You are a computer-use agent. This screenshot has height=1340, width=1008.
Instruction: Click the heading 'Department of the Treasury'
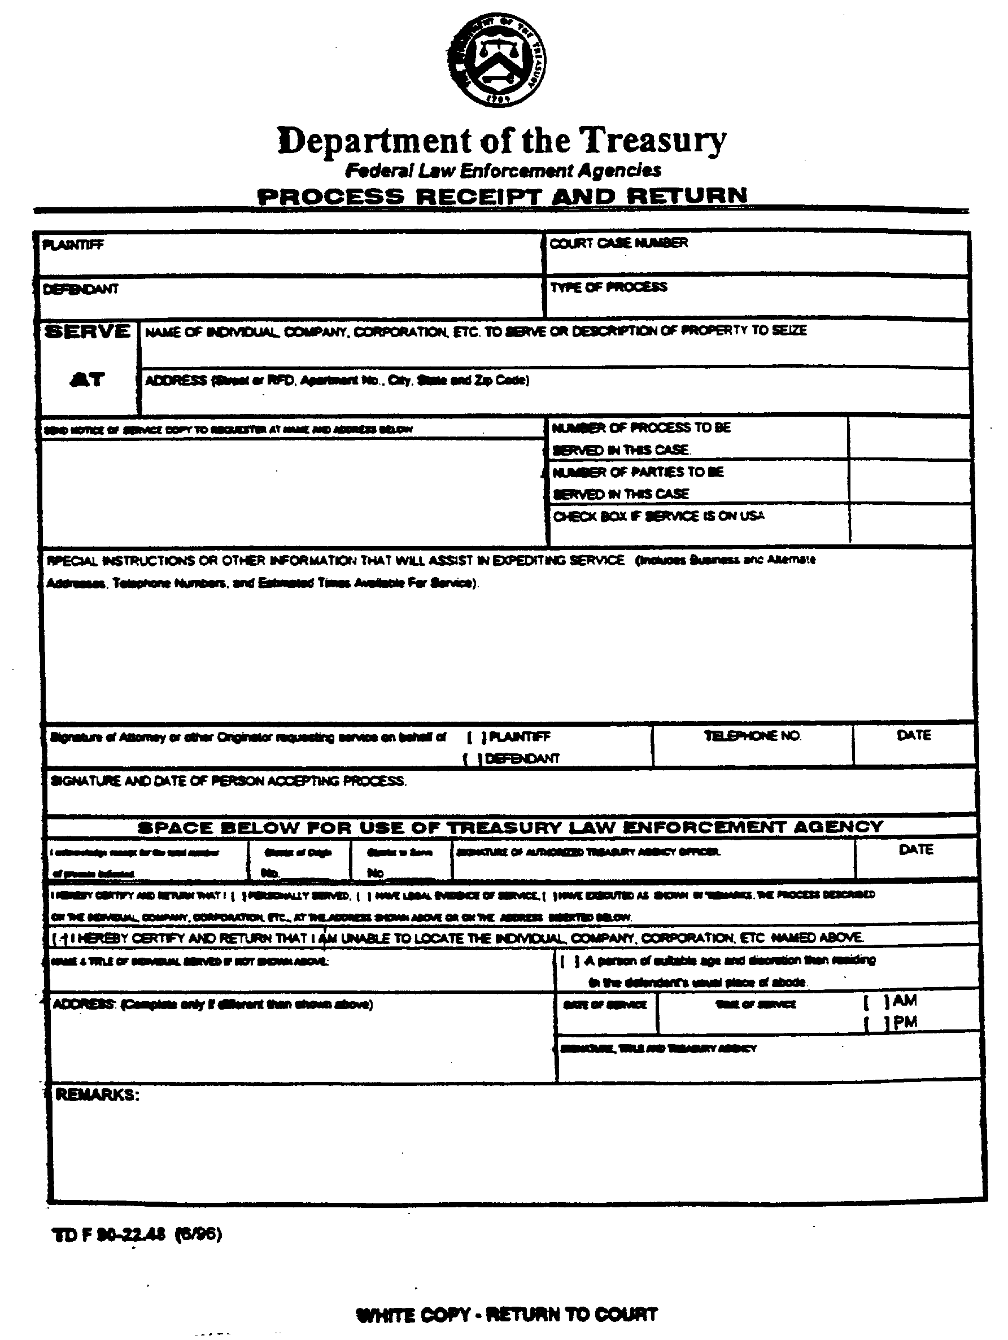click(501, 141)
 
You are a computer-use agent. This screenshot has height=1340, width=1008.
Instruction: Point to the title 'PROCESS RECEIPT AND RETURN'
click(502, 197)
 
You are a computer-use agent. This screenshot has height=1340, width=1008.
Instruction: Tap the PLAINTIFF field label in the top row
click(73, 245)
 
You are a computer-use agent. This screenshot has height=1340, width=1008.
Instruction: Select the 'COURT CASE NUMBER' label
click(618, 243)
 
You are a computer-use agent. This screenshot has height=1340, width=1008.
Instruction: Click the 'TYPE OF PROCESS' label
click(608, 287)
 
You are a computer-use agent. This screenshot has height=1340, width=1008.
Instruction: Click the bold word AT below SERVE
click(87, 380)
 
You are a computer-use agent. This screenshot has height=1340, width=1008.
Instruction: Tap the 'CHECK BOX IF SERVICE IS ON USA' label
click(658, 516)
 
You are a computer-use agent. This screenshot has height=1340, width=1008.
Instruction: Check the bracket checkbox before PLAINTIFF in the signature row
click(476, 738)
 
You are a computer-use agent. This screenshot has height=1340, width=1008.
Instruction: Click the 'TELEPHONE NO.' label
click(752, 736)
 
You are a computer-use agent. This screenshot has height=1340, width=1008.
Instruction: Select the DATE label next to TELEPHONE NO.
click(914, 735)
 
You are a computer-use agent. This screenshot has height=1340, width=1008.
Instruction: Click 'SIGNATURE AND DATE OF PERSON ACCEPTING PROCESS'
click(228, 782)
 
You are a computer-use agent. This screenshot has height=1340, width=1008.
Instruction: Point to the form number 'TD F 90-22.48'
click(110, 1234)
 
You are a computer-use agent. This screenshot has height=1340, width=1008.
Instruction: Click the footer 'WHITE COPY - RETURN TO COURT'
click(507, 1315)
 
